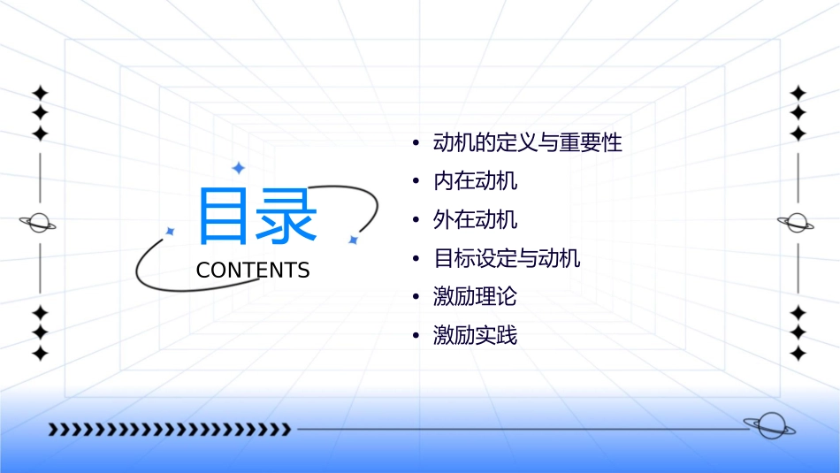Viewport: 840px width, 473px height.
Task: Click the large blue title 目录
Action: click(256, 217)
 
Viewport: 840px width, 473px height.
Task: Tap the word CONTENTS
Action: click(253, 271)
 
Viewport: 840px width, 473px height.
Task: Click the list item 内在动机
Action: click(475, 181)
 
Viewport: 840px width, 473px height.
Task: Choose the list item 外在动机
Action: click(475, 219)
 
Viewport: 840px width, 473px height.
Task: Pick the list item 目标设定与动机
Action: click(507, 258)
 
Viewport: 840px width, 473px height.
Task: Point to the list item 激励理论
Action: click(475, 296)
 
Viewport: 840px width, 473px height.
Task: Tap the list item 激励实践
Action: click(475, 335)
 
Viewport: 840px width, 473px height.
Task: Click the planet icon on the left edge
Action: click(39, 223)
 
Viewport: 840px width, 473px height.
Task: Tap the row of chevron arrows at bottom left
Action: click(169, 430)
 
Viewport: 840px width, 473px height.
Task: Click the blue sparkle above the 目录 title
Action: click(238, 167)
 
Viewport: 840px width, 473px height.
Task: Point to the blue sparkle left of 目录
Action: click(171, 231)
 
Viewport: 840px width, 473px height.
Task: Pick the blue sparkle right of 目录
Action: click(353, 240)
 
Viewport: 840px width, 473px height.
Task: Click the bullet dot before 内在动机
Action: click(416, 182)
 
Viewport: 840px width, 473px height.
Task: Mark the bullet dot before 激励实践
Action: click(416, 336)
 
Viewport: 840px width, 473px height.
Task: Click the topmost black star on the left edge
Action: click(39, 92)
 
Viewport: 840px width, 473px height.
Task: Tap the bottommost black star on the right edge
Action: click(798, 354)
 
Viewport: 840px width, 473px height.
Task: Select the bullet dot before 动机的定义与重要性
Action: click(416, 143)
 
